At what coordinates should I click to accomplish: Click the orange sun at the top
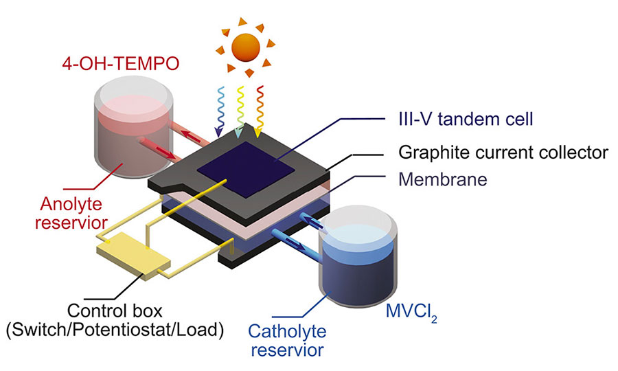[x=245, y=47]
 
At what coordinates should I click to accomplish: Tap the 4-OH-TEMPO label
[x=121, y=64]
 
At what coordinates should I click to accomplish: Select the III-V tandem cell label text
[x=466, y=119]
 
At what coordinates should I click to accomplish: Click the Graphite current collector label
[x=503, y=153]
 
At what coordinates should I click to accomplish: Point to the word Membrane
[x=443, y=179]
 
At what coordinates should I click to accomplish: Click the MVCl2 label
[x=411, y=312]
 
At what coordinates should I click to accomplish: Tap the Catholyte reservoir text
[x=287, y=341]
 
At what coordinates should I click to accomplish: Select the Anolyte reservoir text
[x=71, y=213]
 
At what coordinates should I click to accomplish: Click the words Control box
[x=115, y=311]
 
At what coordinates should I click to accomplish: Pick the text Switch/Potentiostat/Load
[x=115, y=330]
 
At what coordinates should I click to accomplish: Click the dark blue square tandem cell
[x=246, y=170]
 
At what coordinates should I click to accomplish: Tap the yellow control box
[x=134, y=256]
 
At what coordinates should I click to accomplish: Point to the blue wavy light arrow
[x=219, y=111]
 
